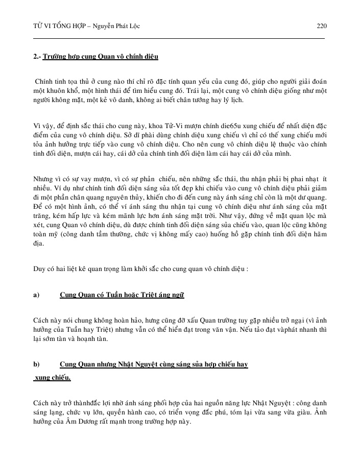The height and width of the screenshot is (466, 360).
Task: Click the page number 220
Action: pyautogui.click(x=322, y=26)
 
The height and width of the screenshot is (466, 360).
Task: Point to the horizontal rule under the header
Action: pyautogui.click(x=179, y=38)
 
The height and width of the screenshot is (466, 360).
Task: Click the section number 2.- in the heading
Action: pyautogui.click(x=37, y=56)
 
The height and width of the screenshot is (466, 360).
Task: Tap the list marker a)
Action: pyautogui.click(x=36, y=295)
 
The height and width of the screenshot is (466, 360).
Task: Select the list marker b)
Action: pyautogui.click(x=36, y=364)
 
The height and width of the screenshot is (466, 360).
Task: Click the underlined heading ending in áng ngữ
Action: pyautogui.click(x=122, y=295)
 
